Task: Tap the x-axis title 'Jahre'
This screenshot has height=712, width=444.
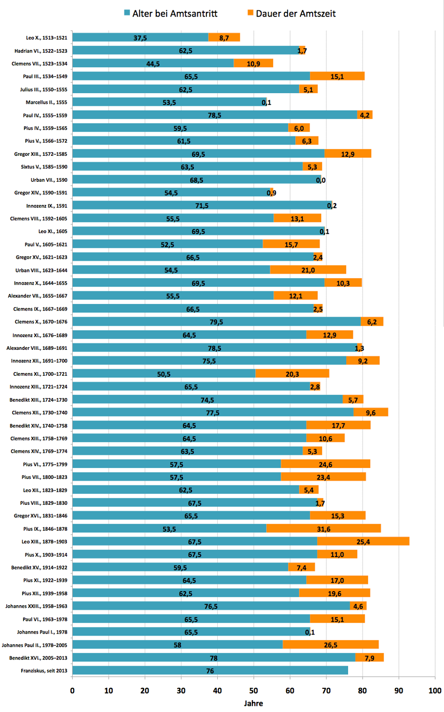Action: tap(253, 703)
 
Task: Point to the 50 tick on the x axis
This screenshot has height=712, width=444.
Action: tap(254, 690)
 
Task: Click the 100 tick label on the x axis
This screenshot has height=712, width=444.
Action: tap(435, 690)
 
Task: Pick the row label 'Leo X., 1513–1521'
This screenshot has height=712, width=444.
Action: tap(47, 38)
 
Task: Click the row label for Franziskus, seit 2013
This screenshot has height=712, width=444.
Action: tap(44, 670)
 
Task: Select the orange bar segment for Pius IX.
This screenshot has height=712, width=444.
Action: tap(324, 528)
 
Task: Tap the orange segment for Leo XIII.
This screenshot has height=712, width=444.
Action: tap(363, 541)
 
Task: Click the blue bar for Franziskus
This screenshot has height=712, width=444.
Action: tap(210, 670)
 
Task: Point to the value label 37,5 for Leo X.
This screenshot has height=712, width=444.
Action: tap(140, 38)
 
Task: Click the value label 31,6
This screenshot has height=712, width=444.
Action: tap(324, 529)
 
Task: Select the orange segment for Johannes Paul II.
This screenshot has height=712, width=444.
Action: tap(331, 644)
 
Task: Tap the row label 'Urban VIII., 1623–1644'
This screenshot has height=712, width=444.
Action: tap(42, 270)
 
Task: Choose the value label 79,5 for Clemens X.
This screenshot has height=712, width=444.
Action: tap(216, 322)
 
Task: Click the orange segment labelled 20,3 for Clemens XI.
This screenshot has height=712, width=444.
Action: tap(292, 373)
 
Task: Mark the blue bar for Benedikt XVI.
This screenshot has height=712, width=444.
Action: tap(213, 658)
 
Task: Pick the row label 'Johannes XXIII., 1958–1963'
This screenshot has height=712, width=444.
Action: tap(36, 606)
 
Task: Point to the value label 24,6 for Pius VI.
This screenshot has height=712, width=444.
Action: tap(325, 464)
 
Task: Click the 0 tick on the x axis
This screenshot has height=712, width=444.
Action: tap(72, 690)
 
